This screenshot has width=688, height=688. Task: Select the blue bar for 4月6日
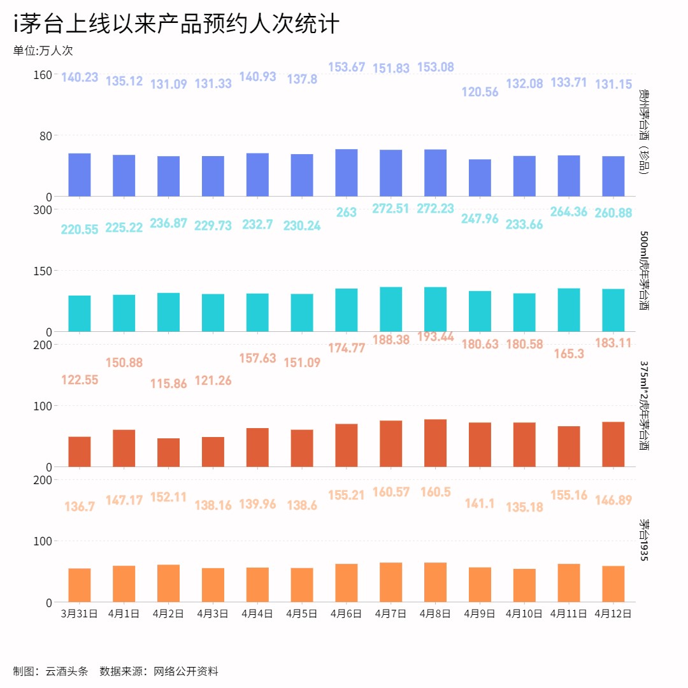tap(347, 173)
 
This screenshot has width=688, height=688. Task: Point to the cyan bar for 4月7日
tap(391, 309)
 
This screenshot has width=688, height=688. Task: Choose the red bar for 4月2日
tap(168, 452)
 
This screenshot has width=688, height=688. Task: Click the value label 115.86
tap(168, 384)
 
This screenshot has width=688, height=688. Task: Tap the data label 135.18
tap(524, 508)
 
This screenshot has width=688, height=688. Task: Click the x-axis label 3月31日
tap(79, 614)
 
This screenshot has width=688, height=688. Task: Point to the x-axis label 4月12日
tap(613, 614)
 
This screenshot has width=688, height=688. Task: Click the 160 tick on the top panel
tap(42, 75)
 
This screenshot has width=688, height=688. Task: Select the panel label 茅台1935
tap(644, 540)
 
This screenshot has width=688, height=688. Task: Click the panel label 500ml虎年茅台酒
tap(644, 270)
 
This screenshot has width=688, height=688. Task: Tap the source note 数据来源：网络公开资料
tap(159, 671)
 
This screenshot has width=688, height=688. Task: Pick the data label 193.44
tap(436, 336)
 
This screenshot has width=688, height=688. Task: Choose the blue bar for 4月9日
tap(480, 178)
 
